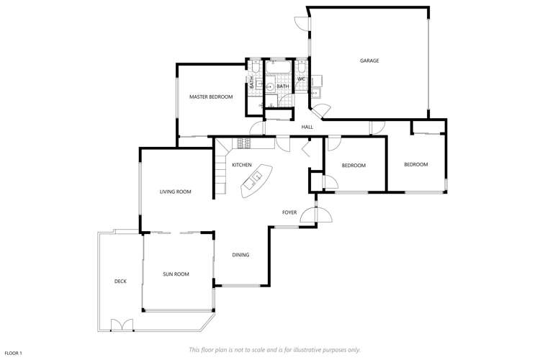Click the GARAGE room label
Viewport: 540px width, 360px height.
pyautogui.click(x=369, y=60)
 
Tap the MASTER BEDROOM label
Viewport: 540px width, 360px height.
pyautogui.click(x=211, y=96)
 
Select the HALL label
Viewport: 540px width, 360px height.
pyautogui.click(x=307, y=127)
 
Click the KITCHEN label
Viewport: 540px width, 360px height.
pyautogui.click(x=242, y=166)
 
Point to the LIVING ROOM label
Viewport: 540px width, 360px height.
pyautogui.click(x=175, y=192)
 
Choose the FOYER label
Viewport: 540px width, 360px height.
pyautogui.click(x=289, y=212)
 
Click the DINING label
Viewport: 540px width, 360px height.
pyautogui.click(x=240, y=255)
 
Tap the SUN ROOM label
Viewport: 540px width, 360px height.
pyautogui.click(x=176, y=274)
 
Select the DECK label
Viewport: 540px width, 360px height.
pyautogui.click(x=120, y=282)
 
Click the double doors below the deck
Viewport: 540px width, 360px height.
pyautogui.click(x=122, y=325)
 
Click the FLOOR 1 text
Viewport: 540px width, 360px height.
pyautogui.click(x=13, y=353)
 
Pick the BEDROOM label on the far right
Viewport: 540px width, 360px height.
pyautogui.click(x=415, y=164)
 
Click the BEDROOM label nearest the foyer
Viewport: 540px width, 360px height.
pyautogui.click(x=354, y=166)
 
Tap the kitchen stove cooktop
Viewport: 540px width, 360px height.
pyautogui.click(x=241, y=143)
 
